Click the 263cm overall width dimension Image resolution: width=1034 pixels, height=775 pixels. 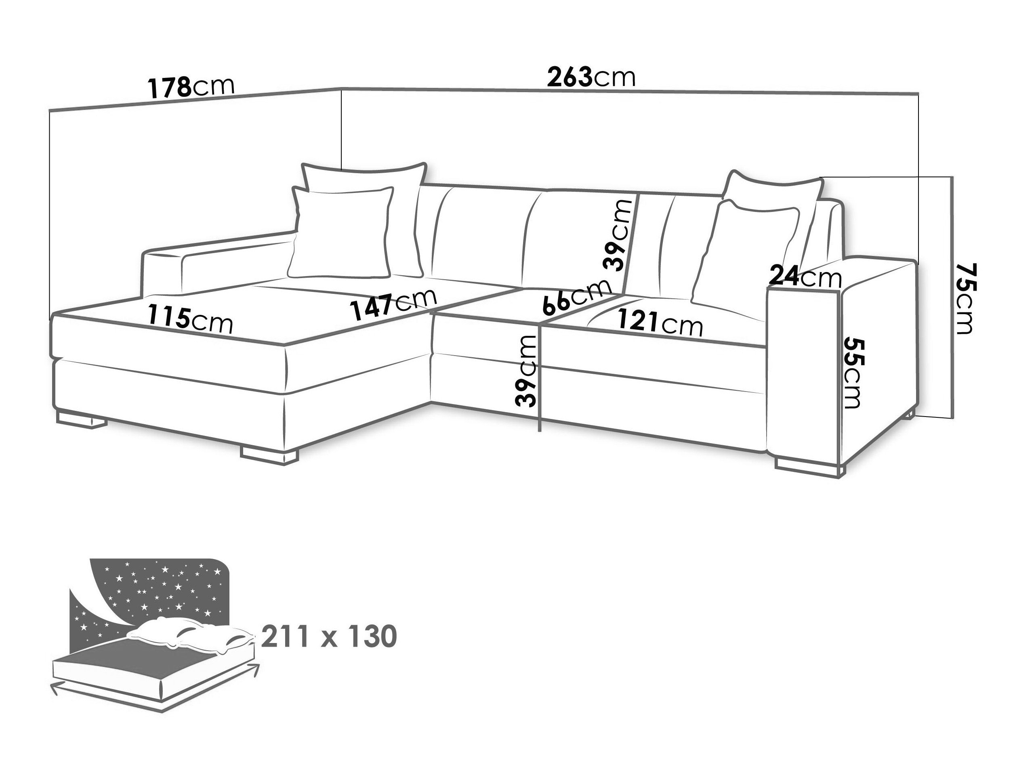click(x=591, y=77)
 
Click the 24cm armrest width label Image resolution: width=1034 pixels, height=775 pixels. click(x=805, y=276)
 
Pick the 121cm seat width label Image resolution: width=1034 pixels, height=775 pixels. click(x=660, y=321)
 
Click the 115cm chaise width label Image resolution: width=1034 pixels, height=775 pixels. click(x=190, y=318)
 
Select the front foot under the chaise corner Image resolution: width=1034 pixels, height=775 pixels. click(x=269, y=455)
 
